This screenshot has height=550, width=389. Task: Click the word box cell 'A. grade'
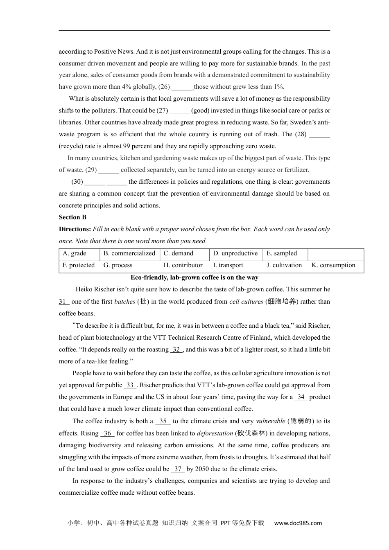click(75, 254)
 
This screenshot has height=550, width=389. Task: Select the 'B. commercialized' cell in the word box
click(129, 254)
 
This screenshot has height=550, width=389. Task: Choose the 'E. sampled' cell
click(282, 254)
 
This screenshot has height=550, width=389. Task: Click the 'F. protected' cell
click(79, 266)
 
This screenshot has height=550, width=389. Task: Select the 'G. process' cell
click(118, 266)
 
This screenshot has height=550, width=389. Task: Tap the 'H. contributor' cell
click(183, 266)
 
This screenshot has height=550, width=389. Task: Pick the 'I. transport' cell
click(228, 266)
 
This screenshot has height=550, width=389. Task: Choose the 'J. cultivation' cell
click(284, 266)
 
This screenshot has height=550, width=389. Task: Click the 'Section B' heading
click(72, 217)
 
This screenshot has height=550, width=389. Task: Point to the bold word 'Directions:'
click(75, 229)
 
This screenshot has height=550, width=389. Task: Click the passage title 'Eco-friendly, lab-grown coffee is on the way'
click(194, 277)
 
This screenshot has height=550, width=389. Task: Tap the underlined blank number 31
click(63, 302)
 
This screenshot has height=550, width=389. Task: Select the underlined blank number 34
click(301, 397)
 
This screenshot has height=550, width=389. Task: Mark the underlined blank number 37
click(178, 469)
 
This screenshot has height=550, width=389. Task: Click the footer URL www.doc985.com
click(298, 523)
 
